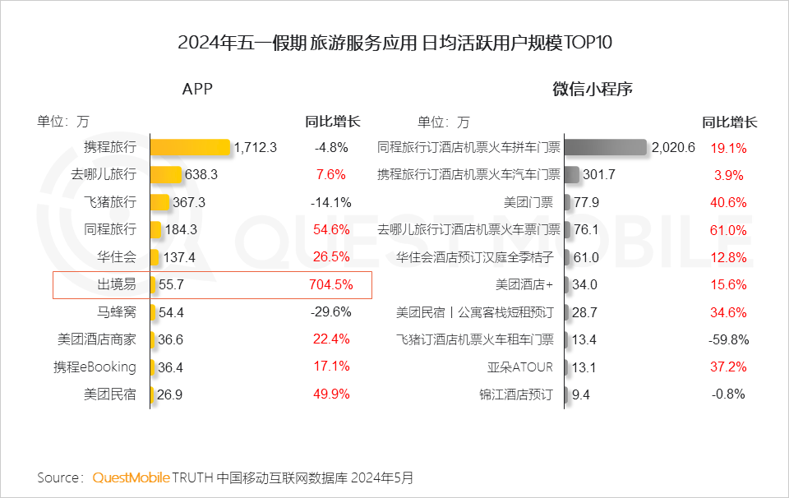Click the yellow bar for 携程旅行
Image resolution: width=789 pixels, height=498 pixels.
[191, 147]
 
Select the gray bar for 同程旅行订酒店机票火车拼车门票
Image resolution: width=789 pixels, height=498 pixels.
[607, 147]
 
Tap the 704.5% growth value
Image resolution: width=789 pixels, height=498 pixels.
[332, 285]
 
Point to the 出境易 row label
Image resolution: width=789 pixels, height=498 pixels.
[117, 285]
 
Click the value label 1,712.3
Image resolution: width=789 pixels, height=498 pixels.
[256, 148]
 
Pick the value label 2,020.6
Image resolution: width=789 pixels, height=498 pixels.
[673, 148]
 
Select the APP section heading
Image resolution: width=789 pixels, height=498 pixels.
[197, 90]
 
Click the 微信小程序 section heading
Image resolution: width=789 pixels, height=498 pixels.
[592, 90]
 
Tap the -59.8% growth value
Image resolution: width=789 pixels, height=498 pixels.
[729, 339]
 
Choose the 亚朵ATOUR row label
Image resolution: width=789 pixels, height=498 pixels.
[520, 367]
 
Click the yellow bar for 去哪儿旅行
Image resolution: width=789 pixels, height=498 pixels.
[166, 174]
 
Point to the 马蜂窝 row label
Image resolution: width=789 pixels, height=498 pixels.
[117, 312]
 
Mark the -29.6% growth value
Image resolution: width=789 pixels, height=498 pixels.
[332, 312]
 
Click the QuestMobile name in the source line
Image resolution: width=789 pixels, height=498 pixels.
[131, 477]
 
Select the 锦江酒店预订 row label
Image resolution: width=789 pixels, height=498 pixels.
[516, 394]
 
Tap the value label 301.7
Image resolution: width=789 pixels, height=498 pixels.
[598, 175]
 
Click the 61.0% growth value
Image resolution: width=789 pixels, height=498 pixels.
[729, 230]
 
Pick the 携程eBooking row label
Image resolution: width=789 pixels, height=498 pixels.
[95, 367]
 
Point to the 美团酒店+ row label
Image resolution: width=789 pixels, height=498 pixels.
[524, 284]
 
